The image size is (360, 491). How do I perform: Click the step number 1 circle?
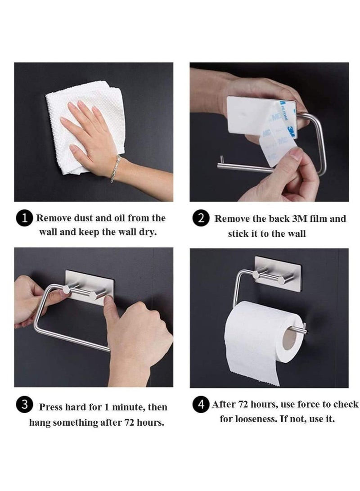(25, 219)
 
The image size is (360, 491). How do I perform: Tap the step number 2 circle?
(201, 219)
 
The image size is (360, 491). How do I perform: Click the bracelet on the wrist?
(115, 168)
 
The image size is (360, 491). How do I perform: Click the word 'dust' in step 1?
(86, 219)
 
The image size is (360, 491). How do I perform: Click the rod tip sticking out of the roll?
(303, 331)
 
